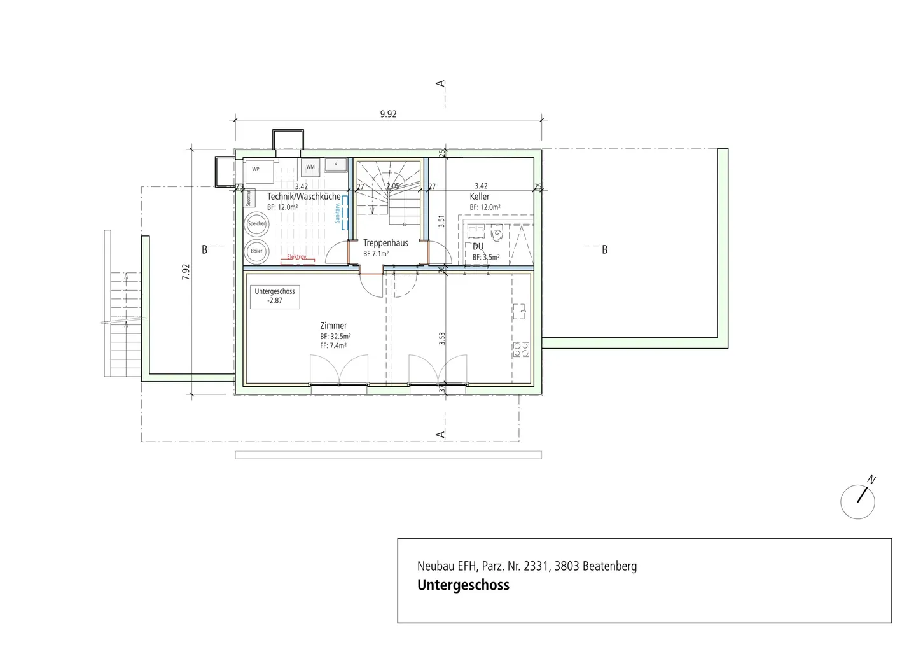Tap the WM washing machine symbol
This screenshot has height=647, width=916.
coord(310,167)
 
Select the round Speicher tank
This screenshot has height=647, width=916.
coord(256,224)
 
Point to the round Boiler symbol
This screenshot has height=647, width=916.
coord(256,251)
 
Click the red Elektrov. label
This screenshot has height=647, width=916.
coord(296,257)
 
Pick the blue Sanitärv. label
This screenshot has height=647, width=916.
coord(338,212)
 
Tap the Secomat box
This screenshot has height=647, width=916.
coord(249,198)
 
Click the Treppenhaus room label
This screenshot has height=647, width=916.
coord(385,243)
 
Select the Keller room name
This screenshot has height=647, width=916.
coord(480,197)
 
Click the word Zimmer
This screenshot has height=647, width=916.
coord(333,326)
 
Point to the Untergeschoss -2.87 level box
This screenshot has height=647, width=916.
coord(275,296)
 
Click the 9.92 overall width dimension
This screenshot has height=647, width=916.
coord(388,115)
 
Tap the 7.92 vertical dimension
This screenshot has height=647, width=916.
coord(186,272)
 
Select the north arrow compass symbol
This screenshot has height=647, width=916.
coord(858,501)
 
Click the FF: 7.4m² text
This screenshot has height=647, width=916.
coord(333,346)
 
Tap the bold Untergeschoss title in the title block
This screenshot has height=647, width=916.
coord(463,585)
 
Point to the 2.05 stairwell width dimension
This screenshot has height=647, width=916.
coord(392,186)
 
